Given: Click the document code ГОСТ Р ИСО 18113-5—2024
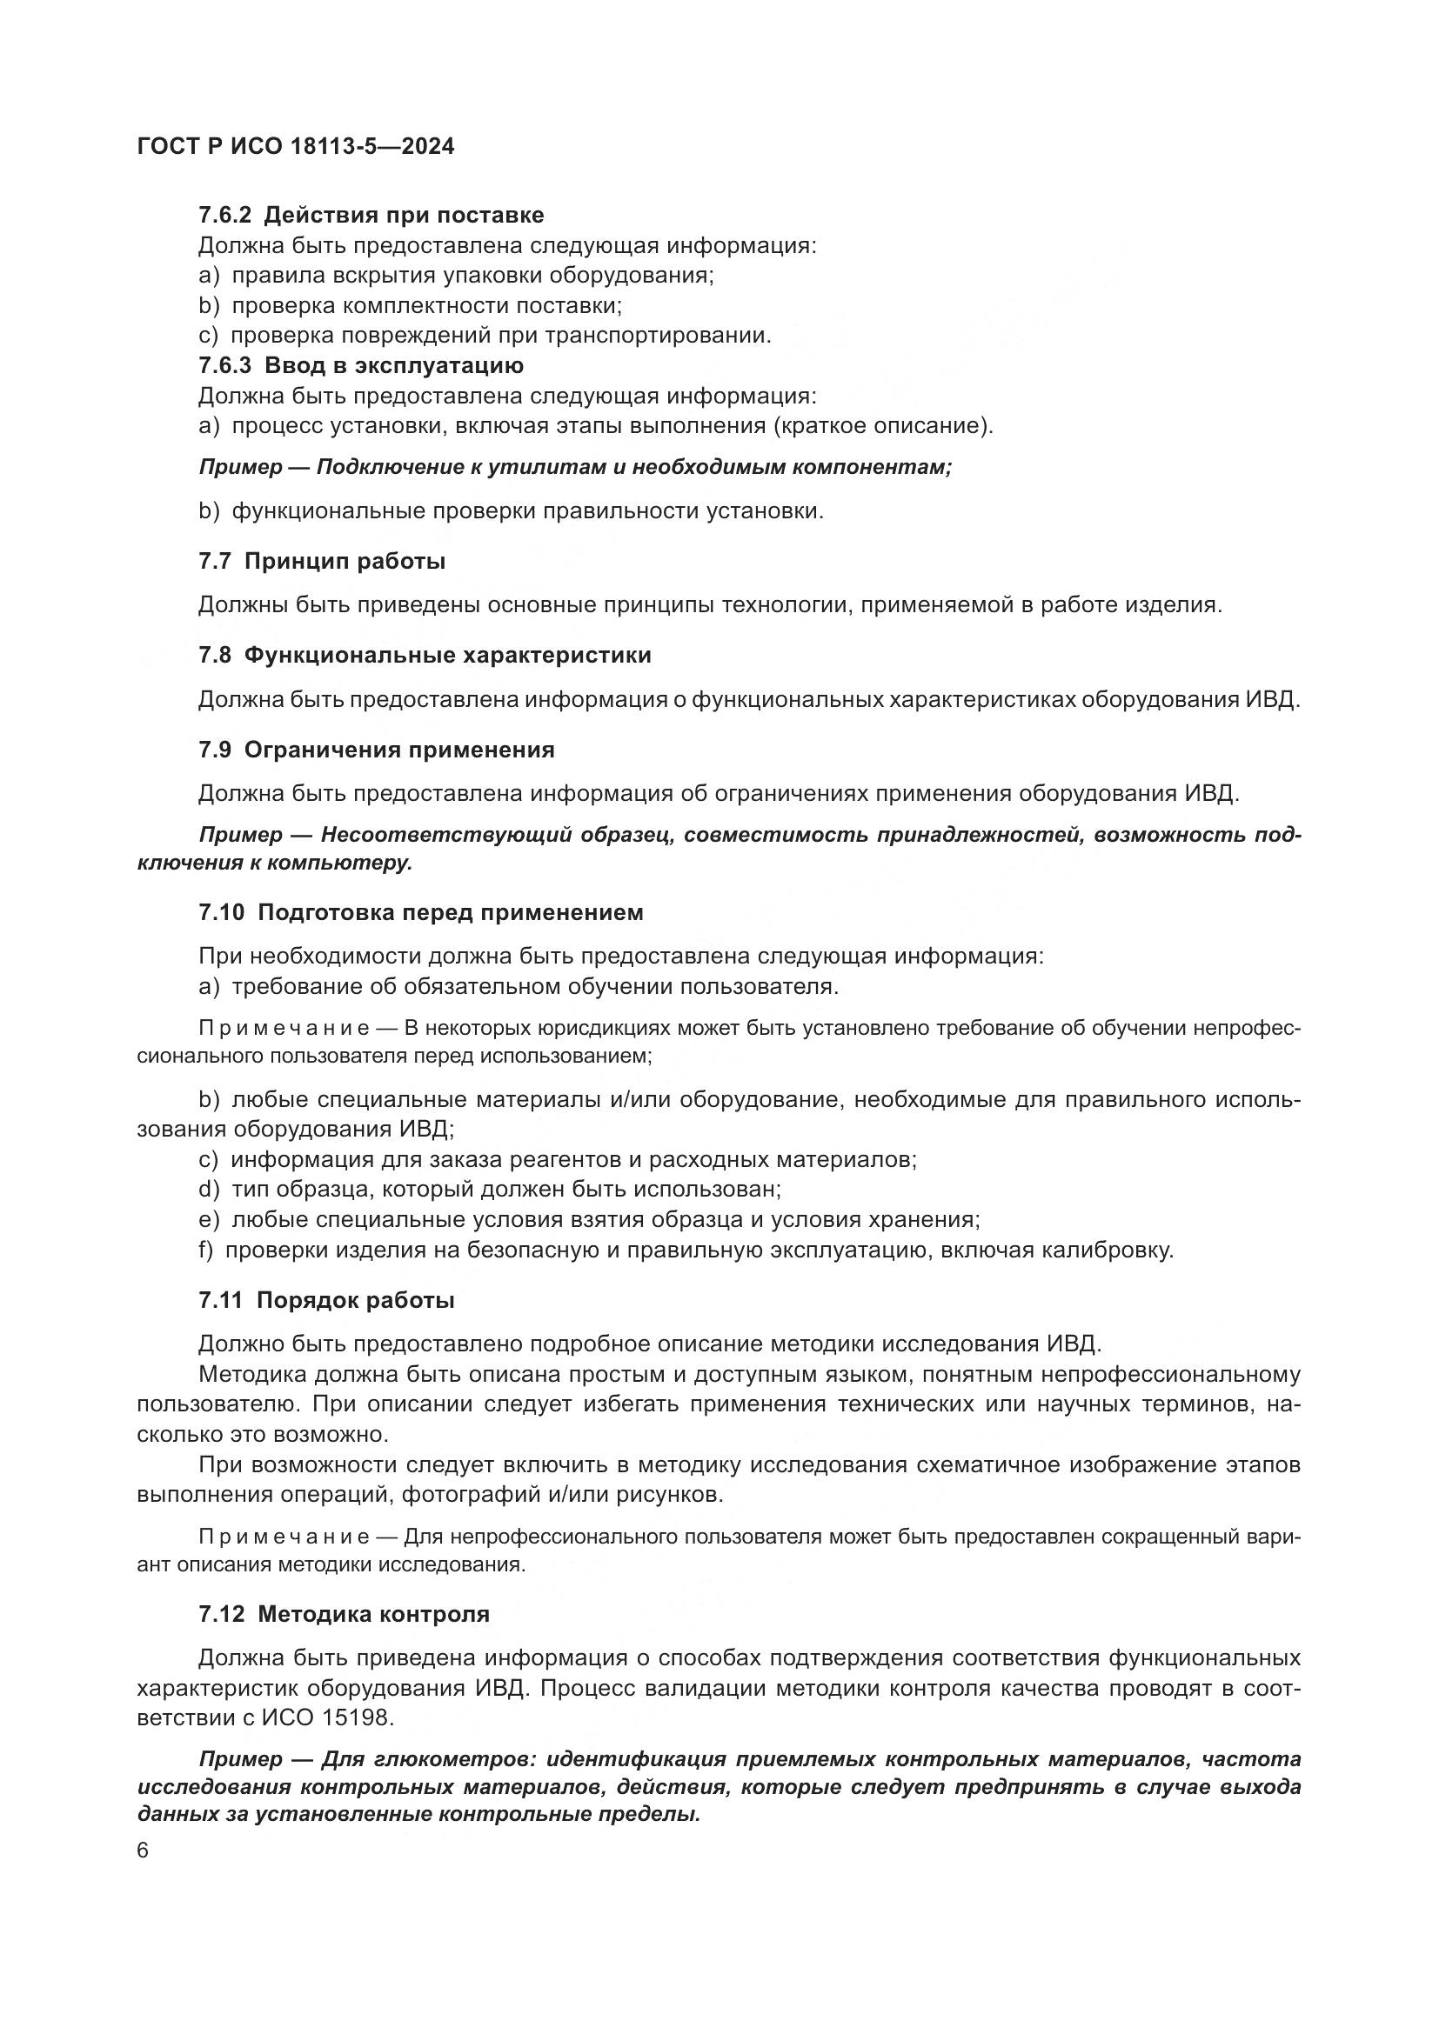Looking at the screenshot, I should coord(296,147).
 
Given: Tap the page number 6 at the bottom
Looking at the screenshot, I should coord(144,1851).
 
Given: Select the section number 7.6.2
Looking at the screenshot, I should coord(225,216).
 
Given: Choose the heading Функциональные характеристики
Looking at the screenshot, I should coord(447,655).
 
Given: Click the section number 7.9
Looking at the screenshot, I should coord(214,750).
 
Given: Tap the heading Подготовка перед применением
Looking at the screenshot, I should coord(450,912).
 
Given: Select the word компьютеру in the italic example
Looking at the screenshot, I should coord(349,864).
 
